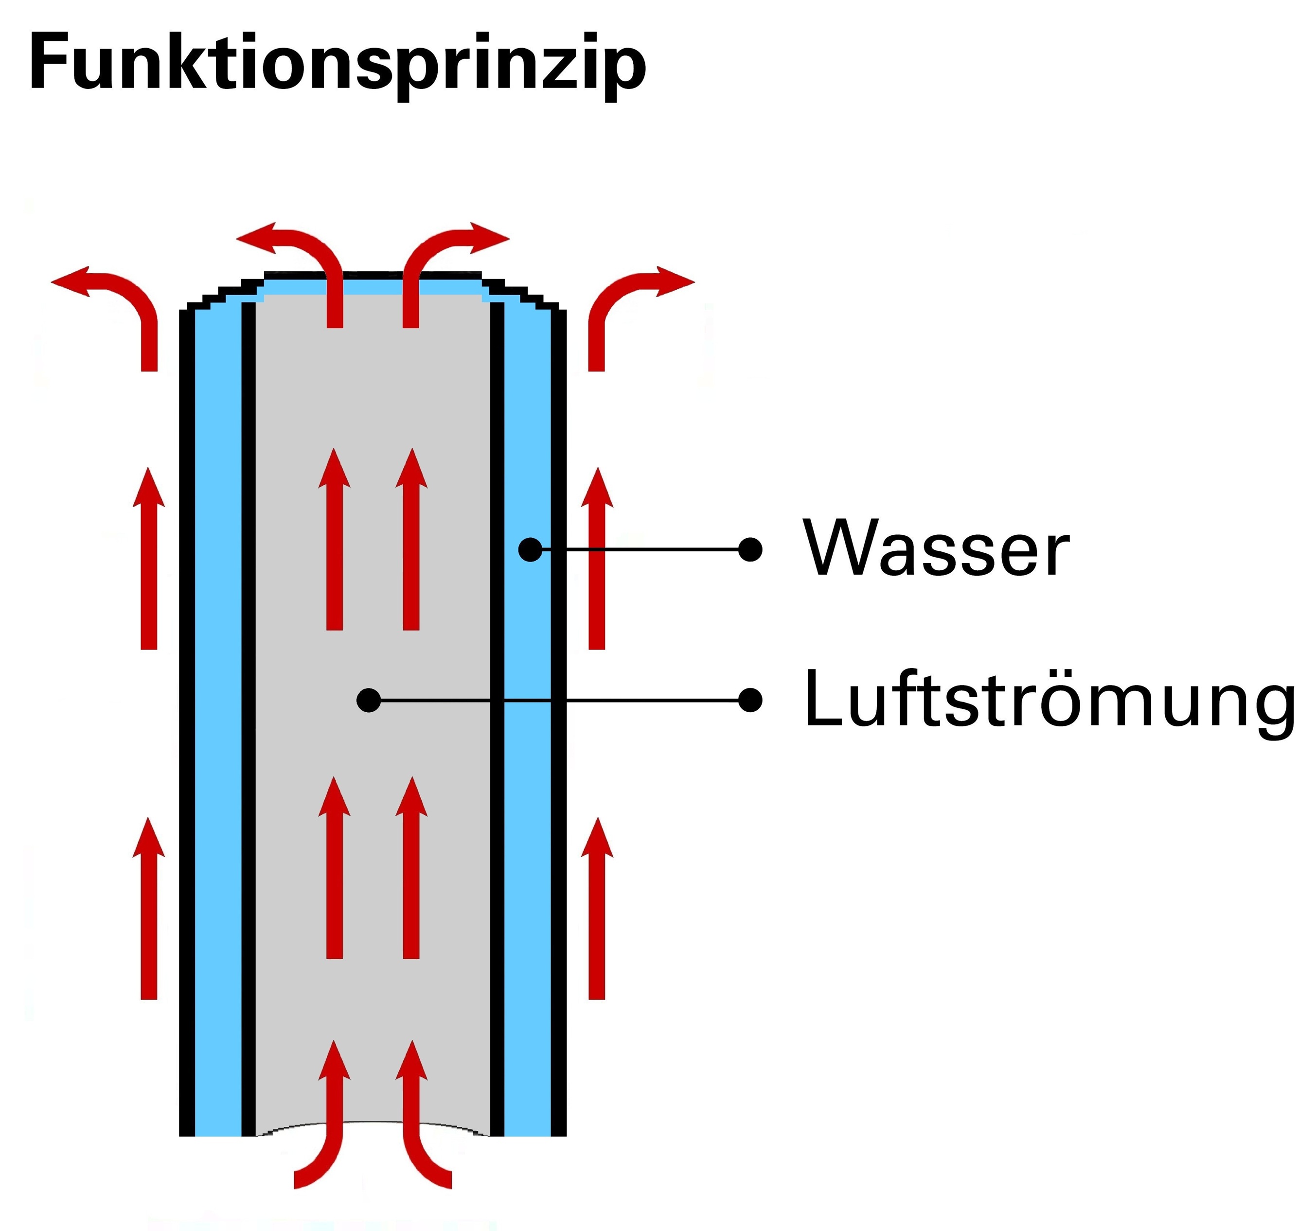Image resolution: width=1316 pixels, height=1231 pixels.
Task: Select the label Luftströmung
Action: click(1049, 700)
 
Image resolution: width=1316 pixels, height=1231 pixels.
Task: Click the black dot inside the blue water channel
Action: click(530, 549)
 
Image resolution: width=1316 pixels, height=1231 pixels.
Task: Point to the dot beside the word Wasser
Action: click(749, 549)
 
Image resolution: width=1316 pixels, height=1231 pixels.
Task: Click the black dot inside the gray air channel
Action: click(369, 700)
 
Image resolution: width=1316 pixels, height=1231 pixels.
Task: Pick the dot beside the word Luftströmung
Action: click(749, 700)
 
